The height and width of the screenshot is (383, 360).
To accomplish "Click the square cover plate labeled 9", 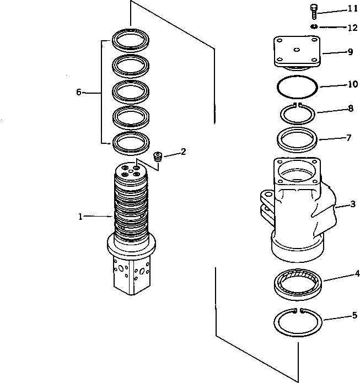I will click(297, 51).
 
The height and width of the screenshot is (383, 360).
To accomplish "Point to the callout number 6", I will click(79, 93).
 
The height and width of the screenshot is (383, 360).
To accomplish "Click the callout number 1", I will click(80, 217).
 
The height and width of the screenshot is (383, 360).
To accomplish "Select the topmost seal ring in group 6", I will click(131, 40).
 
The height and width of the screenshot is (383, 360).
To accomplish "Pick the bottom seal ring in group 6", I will click(131, 143).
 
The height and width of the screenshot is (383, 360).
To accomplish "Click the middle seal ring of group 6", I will click(131, 91).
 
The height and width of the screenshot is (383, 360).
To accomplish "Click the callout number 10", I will click(351, 85).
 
